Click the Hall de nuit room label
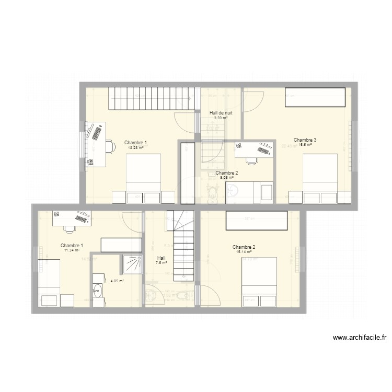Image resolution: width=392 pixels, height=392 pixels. click(x=221, y=112)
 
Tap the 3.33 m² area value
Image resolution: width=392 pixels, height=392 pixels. click(x=221, y=118)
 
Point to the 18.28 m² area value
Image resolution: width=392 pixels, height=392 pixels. click(x=135, y=147)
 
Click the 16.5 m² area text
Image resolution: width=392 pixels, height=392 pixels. click(x=305, y=145)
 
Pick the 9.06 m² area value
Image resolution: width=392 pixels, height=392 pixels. click(x=227, y=178)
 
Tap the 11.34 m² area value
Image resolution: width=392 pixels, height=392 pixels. click(x=72, y=250)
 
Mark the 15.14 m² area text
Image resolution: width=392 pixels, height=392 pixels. click(x=244, y=252)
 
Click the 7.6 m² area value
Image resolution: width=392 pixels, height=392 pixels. click(x=161, y=262)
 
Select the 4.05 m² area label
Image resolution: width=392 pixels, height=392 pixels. click(x=117, y=281)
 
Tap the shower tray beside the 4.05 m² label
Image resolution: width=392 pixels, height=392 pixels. click(x=132, y=263)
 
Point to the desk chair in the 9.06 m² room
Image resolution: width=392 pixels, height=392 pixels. click(x=252, y=160)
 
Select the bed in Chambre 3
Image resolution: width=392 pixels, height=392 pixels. click(x=320, y=172)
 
